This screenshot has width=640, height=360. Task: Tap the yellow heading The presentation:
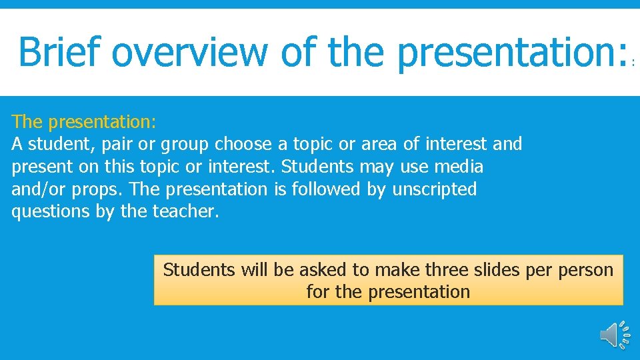pos(84,121)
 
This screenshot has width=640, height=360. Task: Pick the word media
pos(458,166)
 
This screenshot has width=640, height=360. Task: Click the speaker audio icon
pos(612,335)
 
